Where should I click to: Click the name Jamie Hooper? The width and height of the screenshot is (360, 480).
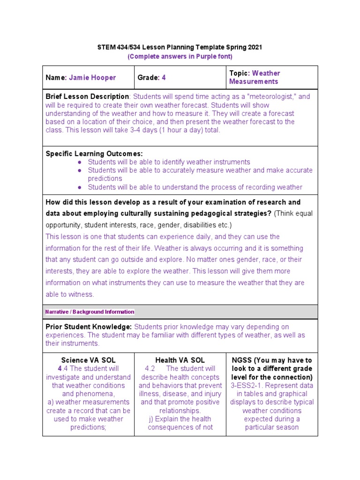92,77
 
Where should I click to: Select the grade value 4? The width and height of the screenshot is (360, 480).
164,77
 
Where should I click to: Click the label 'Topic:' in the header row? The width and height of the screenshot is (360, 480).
240,73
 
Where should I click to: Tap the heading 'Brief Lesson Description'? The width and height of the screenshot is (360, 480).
87,97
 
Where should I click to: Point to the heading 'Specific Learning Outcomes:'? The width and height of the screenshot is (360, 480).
94,154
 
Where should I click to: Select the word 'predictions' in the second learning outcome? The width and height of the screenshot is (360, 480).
105,179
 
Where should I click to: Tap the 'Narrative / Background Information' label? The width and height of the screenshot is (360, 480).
90,312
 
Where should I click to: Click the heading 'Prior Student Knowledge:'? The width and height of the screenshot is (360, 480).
89,327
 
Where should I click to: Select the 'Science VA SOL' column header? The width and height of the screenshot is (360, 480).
88,360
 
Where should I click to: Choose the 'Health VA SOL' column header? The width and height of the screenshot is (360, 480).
180,360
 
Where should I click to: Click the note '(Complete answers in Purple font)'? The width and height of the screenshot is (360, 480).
180,56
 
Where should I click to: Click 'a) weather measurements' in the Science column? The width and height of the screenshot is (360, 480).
88,402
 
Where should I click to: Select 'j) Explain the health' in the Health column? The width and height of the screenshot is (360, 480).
180,419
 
